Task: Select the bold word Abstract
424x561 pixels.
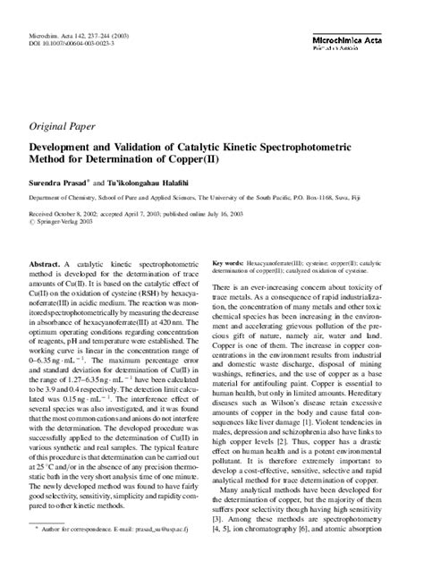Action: pyautogui.click(x=45, y=266)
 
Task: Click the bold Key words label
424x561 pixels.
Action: pyautogui.click(x=228, y=264)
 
